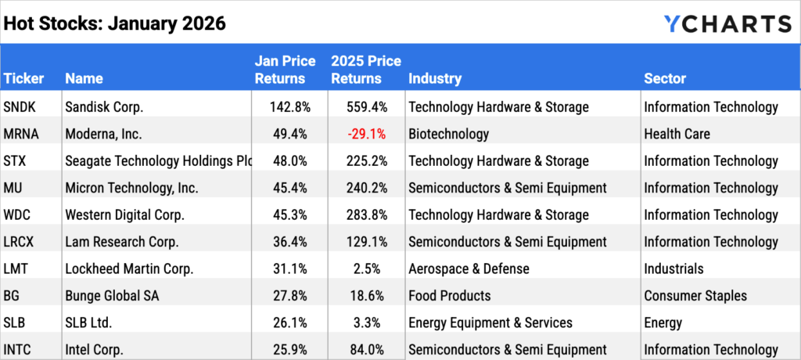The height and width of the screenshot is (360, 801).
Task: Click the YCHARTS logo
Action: click(727, 23)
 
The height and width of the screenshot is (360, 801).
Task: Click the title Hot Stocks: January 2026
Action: click(115, 23)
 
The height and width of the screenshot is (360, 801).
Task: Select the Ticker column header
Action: click(24, 78)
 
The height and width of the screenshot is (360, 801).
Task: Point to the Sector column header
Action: click(665, 78)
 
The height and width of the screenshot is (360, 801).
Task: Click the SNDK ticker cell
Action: click(21, 107)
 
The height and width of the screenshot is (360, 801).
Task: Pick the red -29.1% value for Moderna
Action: click(368, 134)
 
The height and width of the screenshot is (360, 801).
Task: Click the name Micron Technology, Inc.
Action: click(132, 188)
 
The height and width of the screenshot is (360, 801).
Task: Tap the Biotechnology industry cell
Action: click(448, 134)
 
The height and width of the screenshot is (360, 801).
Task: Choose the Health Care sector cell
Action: click(677, 134)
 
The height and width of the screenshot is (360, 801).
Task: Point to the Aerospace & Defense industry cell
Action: click(469, 269)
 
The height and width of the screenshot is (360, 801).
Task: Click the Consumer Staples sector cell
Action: click(695, 296)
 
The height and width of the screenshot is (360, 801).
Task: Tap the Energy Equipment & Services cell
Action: click(490, 323)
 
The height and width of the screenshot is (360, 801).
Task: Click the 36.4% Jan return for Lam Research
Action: click(290, 242)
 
